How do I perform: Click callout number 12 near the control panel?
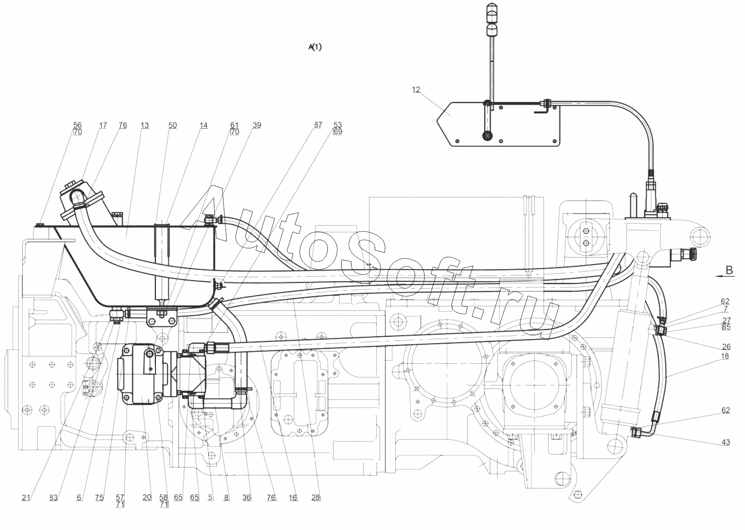pyautogui.click(x=415, y=90)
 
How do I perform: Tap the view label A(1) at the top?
pyautogui.click(x=314, y=47)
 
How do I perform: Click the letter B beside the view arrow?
pyautogui.click(x=729, y=270)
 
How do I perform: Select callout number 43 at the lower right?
pyautogui.click(x=725, y=442)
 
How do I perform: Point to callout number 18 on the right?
pyautogui.click(x=725, y=356)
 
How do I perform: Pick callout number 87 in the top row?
pyautogui.click(x=318, y=125)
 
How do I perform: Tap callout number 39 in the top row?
pyautogui.click(x=256, y=125)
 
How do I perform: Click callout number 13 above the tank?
pyautogui.click(x=144, y=125)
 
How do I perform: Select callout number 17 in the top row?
pyautogui.click(x=103, y=125)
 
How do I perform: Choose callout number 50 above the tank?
pyautogui.click(x=172, y=125)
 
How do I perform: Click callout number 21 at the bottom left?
pyautogui.click(x=26, y=497)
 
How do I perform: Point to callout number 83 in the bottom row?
pyautogui.click(x=53, y=497)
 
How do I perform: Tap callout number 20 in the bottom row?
pyautogui.click(x=147, y=497)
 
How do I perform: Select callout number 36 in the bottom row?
pyautogui.click(x=246, y=497)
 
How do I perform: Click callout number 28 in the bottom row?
pyautogui.click(x=316, y=497)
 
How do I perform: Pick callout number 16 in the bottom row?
pyautogui.click(x=293, y=497)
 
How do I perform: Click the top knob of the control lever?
pyautogui.click(x=492, y=10)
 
